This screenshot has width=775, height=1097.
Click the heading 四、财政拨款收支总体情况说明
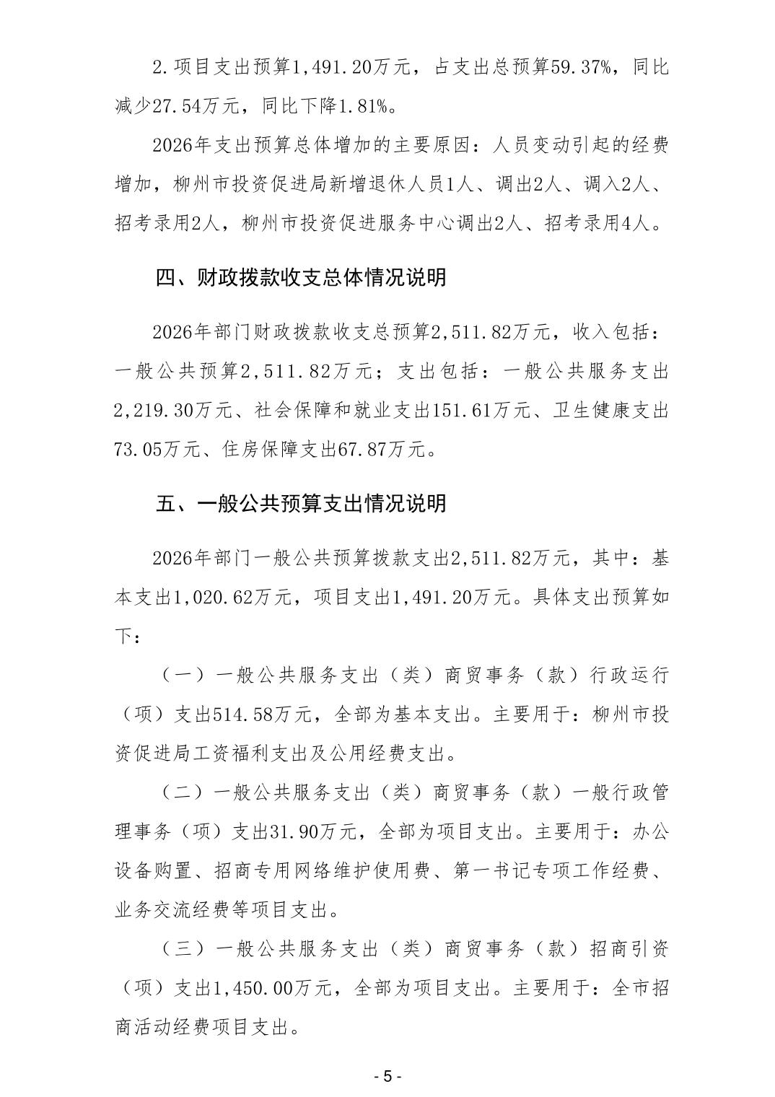point(301,277)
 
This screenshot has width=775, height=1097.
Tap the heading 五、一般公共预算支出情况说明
point(301,503)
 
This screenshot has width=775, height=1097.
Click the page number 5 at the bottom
point(387,1076)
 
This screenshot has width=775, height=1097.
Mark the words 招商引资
point(629,948)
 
